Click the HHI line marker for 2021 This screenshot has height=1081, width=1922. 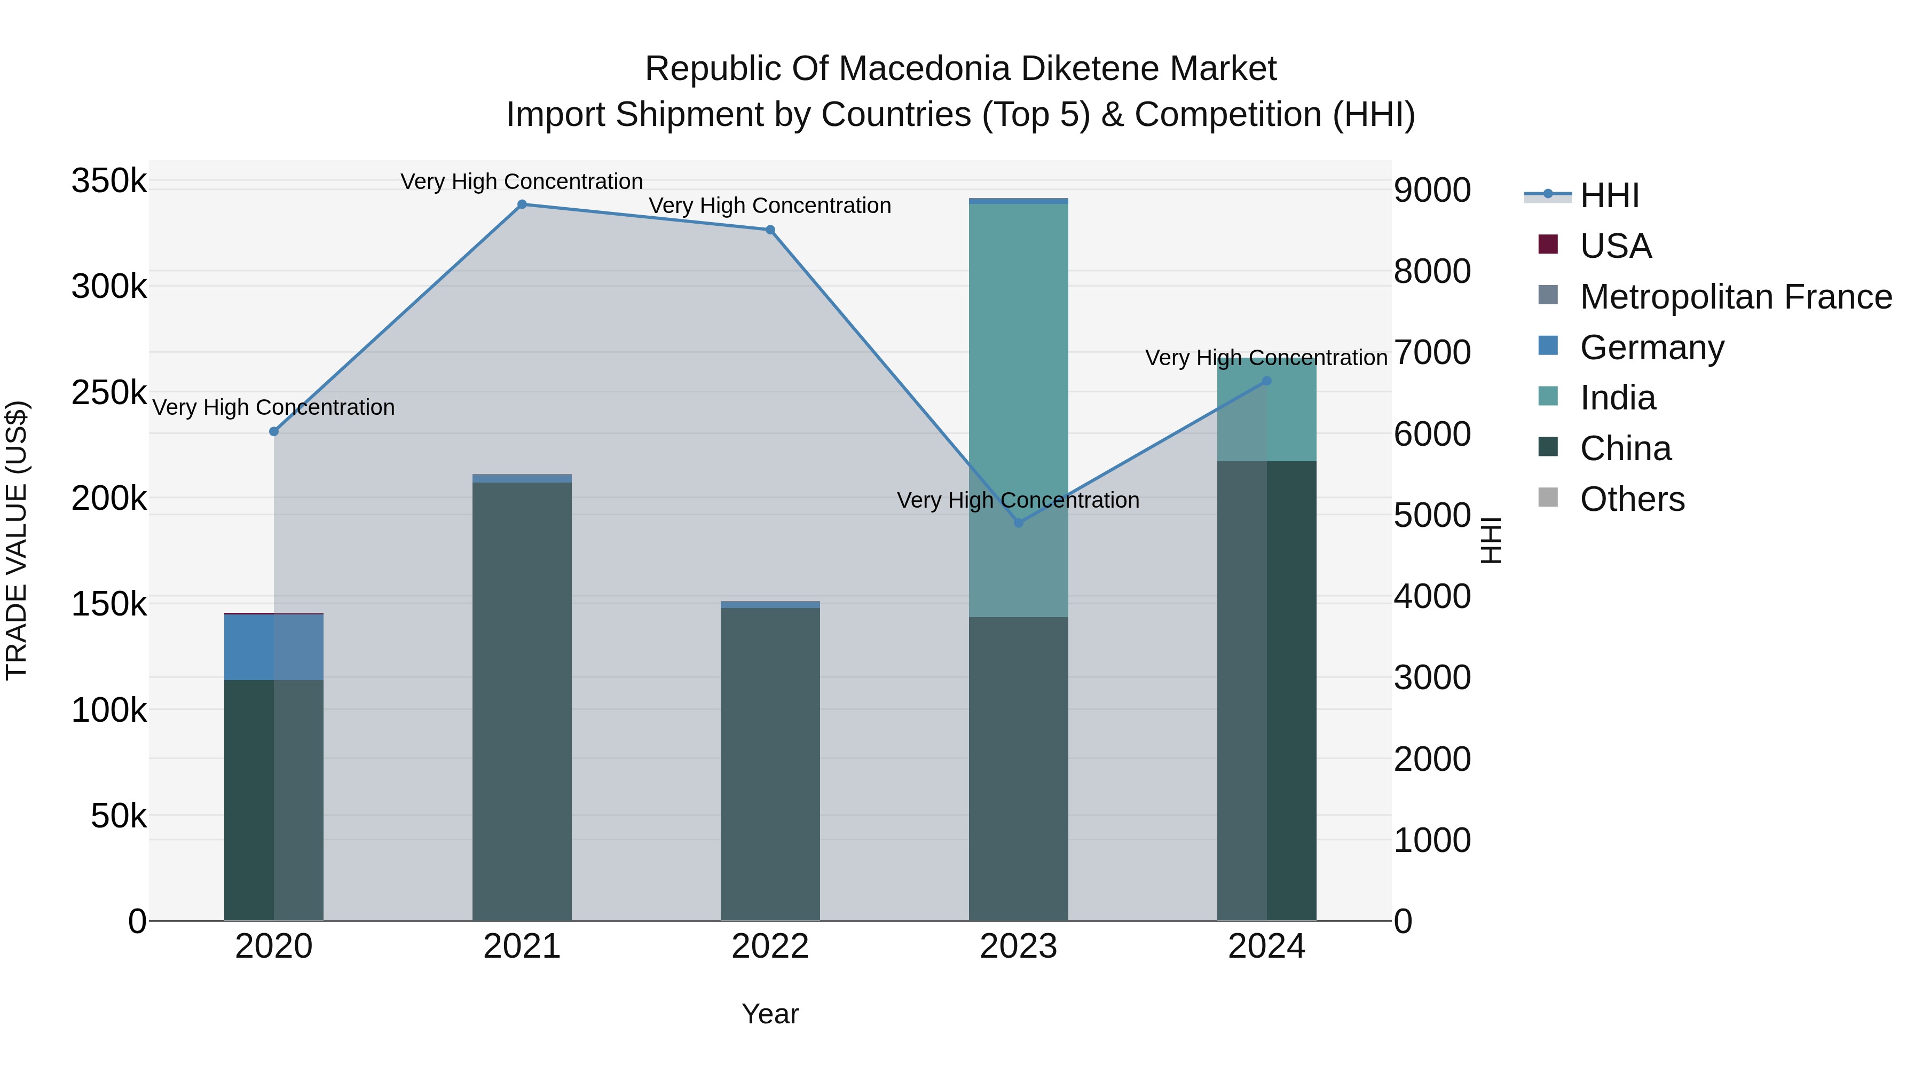(x=522, y=204)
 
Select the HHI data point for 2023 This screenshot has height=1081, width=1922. (x=1019, y=523)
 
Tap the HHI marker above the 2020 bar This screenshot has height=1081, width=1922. (x=274, y=431)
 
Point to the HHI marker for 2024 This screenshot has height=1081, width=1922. (x=1266, y=381)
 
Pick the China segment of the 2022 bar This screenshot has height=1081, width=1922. (x=770, y=761)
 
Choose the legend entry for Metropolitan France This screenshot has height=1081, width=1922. (x=1736, y=297)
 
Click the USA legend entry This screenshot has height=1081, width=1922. (x=1616, y=246)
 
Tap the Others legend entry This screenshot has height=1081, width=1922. (x=1632, y=499)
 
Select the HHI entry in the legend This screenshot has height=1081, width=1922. (x=1609, y=195)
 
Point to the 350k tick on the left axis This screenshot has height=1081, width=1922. (x=109, y=182)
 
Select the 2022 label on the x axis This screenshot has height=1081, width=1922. (x=770, y=946)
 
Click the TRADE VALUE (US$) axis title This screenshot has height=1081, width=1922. (x=17, y=540)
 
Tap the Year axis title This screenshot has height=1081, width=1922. (x=770, y=1014)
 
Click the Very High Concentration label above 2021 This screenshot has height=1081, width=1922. (x=522, y=182)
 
